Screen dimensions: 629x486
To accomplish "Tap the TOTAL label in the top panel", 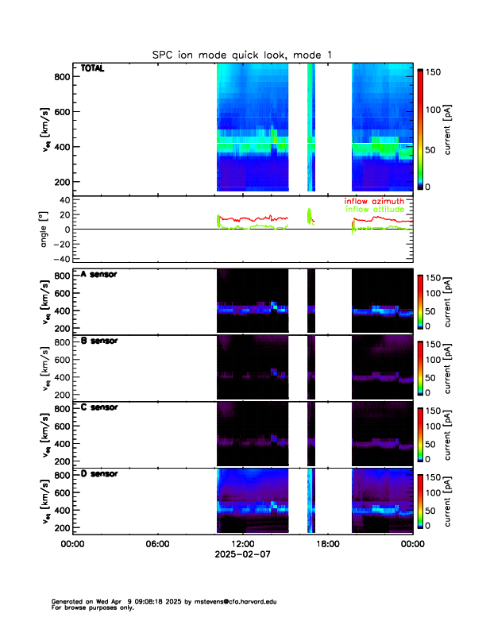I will click(x=93, y=69).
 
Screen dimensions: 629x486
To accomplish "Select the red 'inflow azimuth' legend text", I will click(x=378, y=201).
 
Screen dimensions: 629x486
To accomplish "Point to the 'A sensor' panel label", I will click(x=99, y=275).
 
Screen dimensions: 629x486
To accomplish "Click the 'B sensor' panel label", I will click(x=99, y=341).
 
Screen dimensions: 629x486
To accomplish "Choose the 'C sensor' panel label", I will click(x=99, y=407).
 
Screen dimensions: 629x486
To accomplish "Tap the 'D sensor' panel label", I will click(x=99, y=474).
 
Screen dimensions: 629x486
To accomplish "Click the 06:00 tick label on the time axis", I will click(x=157, y=544).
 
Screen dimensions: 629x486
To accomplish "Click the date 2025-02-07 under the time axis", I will click(x=242, y=555).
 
